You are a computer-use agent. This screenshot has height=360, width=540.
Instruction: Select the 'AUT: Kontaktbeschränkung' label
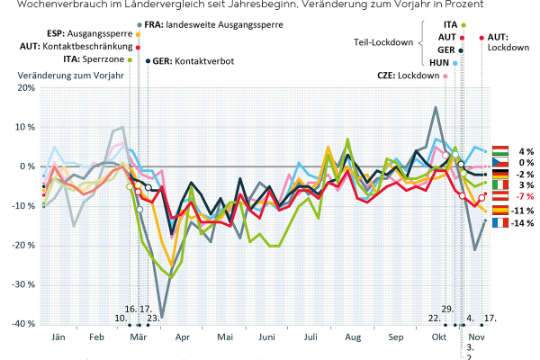pos(75,46)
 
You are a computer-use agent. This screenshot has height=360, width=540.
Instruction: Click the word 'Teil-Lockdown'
pos(385,42)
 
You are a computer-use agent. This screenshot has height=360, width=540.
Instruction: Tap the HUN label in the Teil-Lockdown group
pos(438,62)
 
